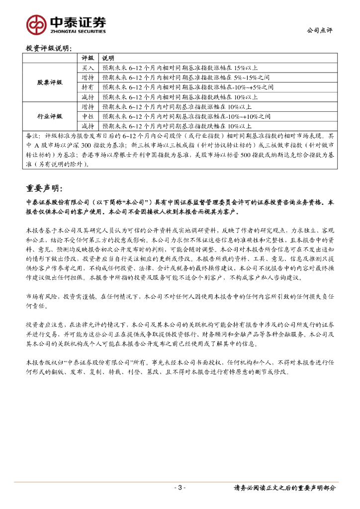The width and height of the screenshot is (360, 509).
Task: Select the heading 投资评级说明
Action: pyautogui.click(x=49, y=48)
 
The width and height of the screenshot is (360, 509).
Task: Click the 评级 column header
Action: pyautogui.click(x=88, y=58)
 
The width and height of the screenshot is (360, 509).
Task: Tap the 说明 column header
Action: pyautogui.click(x=108, y=58)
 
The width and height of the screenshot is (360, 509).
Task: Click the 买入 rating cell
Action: pyautogui.click(x=88, y=68)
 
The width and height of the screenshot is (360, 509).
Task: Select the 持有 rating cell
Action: pyautogui.click(x=88, y=87)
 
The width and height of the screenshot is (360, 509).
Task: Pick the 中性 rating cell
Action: pyautogui.click(x=88, y=116)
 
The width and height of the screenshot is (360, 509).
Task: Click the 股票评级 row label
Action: pyautogui.click(x=50, y=82)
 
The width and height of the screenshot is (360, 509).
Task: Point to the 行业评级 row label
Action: pyautogui.click(x=50, y=116)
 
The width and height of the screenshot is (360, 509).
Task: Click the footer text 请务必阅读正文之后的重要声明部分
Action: pyautogui.click(x=284, y=488)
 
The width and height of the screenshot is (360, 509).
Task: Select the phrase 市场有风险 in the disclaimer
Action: pyautogui.click(x=41, y=296)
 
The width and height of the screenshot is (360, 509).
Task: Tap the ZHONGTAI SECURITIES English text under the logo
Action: pyautogui.click(x=78, y=31)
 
